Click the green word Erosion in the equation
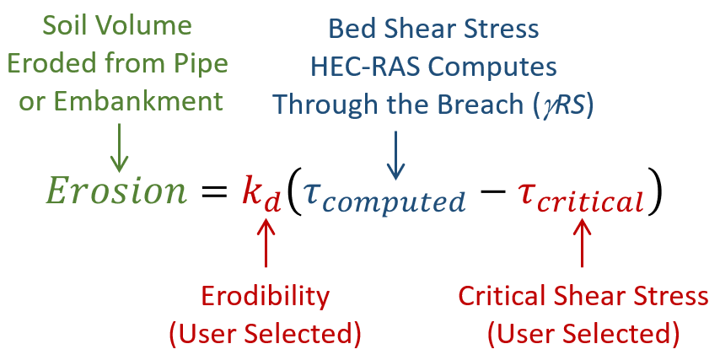pos(116,191)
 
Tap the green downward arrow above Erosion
pos(119,147)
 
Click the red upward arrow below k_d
pos(266,245)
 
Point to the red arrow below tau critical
pos(583,245)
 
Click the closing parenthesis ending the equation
pos(654,193)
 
